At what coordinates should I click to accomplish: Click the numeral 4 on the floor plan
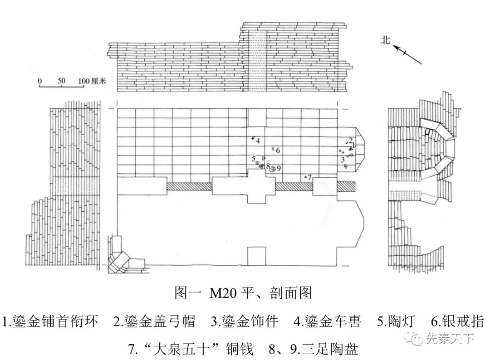(258, 141)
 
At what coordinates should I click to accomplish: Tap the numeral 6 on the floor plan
(278, 150)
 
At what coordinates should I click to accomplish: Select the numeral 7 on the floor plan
(310, 178)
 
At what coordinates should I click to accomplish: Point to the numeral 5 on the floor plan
(254, 158)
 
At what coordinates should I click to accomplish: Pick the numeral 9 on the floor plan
(279, 168)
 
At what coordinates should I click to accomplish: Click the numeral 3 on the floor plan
(343, 159)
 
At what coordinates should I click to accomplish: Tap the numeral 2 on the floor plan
(351, 140)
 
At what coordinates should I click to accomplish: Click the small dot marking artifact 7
(306, 177)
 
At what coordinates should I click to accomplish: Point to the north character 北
(386, 40)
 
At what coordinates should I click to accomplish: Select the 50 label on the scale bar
(61, 81)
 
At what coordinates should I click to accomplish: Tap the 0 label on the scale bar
(40, 81)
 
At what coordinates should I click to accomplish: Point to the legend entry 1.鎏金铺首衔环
(51, 321)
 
